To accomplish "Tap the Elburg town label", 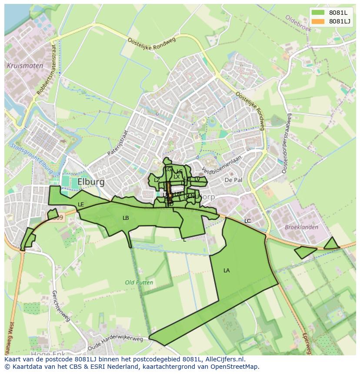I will (x=91, y=182).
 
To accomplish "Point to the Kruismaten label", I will (x=25, y=66).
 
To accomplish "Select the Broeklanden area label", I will (x=301, y=227).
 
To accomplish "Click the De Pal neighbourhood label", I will (x=233, y=180).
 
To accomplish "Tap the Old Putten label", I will (x=139, y=282).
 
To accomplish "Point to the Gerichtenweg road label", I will (x=60, y=309).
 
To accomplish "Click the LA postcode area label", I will (x=227, y=271).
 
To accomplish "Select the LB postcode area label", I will (x=126, y=218).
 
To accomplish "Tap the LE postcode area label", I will (x=81, y=205).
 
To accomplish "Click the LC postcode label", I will (x=247, y=221).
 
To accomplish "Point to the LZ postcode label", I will (x=157, y=180).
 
